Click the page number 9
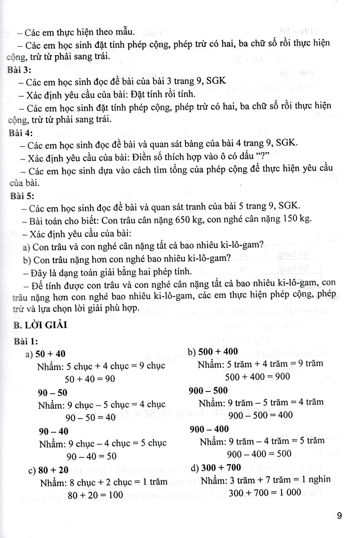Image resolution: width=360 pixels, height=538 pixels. (339, 516)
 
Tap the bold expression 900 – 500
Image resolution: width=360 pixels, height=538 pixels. (208, 390)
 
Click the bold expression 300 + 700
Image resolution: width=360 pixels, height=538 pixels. (221, 468)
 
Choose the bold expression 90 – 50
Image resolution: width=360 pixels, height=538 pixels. (52, 393)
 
